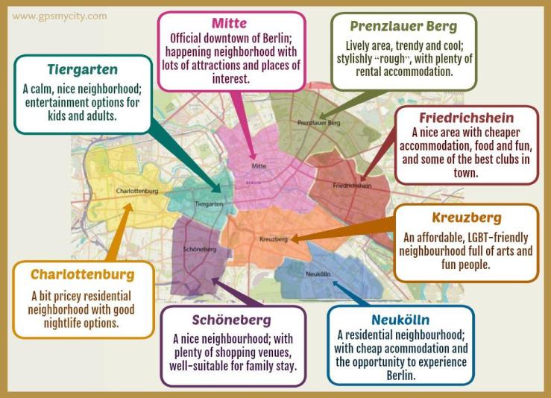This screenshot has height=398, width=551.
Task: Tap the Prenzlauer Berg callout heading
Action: tap(403, 26)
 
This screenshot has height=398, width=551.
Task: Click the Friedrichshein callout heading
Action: tap(466, 119)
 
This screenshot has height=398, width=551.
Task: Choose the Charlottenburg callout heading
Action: tap(83, 274)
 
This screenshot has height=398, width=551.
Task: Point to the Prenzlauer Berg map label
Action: tap(318, 121)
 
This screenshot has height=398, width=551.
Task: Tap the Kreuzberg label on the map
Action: tap(273, 239)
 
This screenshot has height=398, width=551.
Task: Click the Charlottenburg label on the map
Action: tap(138, 191)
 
